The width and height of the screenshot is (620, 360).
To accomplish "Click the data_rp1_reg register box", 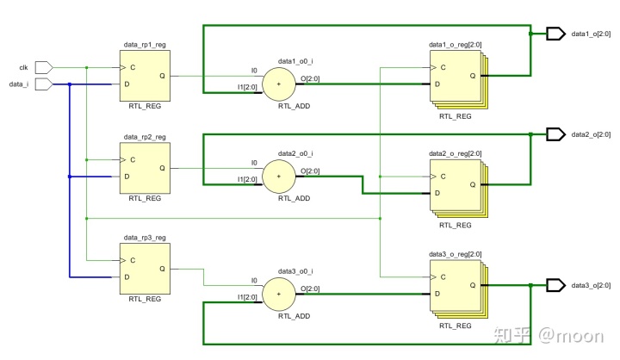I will (144, 75).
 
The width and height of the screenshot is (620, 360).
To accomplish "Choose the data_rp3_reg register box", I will (144, 268).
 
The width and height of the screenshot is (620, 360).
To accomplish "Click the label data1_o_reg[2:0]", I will (455, 44).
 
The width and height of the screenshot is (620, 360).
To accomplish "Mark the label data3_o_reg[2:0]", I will (455, 254).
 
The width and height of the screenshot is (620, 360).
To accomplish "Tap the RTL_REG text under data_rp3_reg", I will (145, 299).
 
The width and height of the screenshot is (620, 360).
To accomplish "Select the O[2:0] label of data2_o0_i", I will (309, 169).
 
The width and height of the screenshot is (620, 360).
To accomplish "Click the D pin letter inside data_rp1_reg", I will (127, 84).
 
